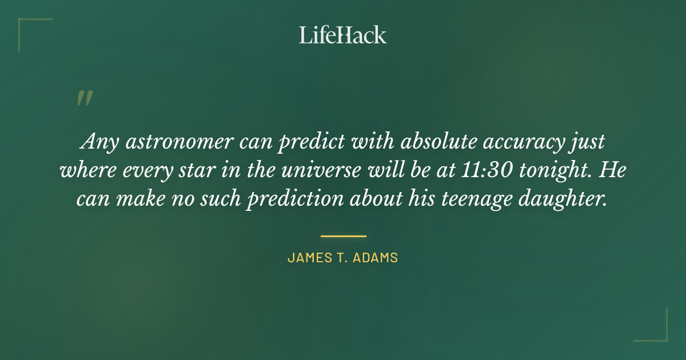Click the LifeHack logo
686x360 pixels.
tap(343, 35)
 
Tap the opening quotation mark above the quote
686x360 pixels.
tap(84, 98)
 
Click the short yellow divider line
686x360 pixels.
tap(343, 235)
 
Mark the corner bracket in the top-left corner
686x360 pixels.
tap(29, 29)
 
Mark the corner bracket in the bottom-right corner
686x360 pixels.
tap(657, 331)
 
